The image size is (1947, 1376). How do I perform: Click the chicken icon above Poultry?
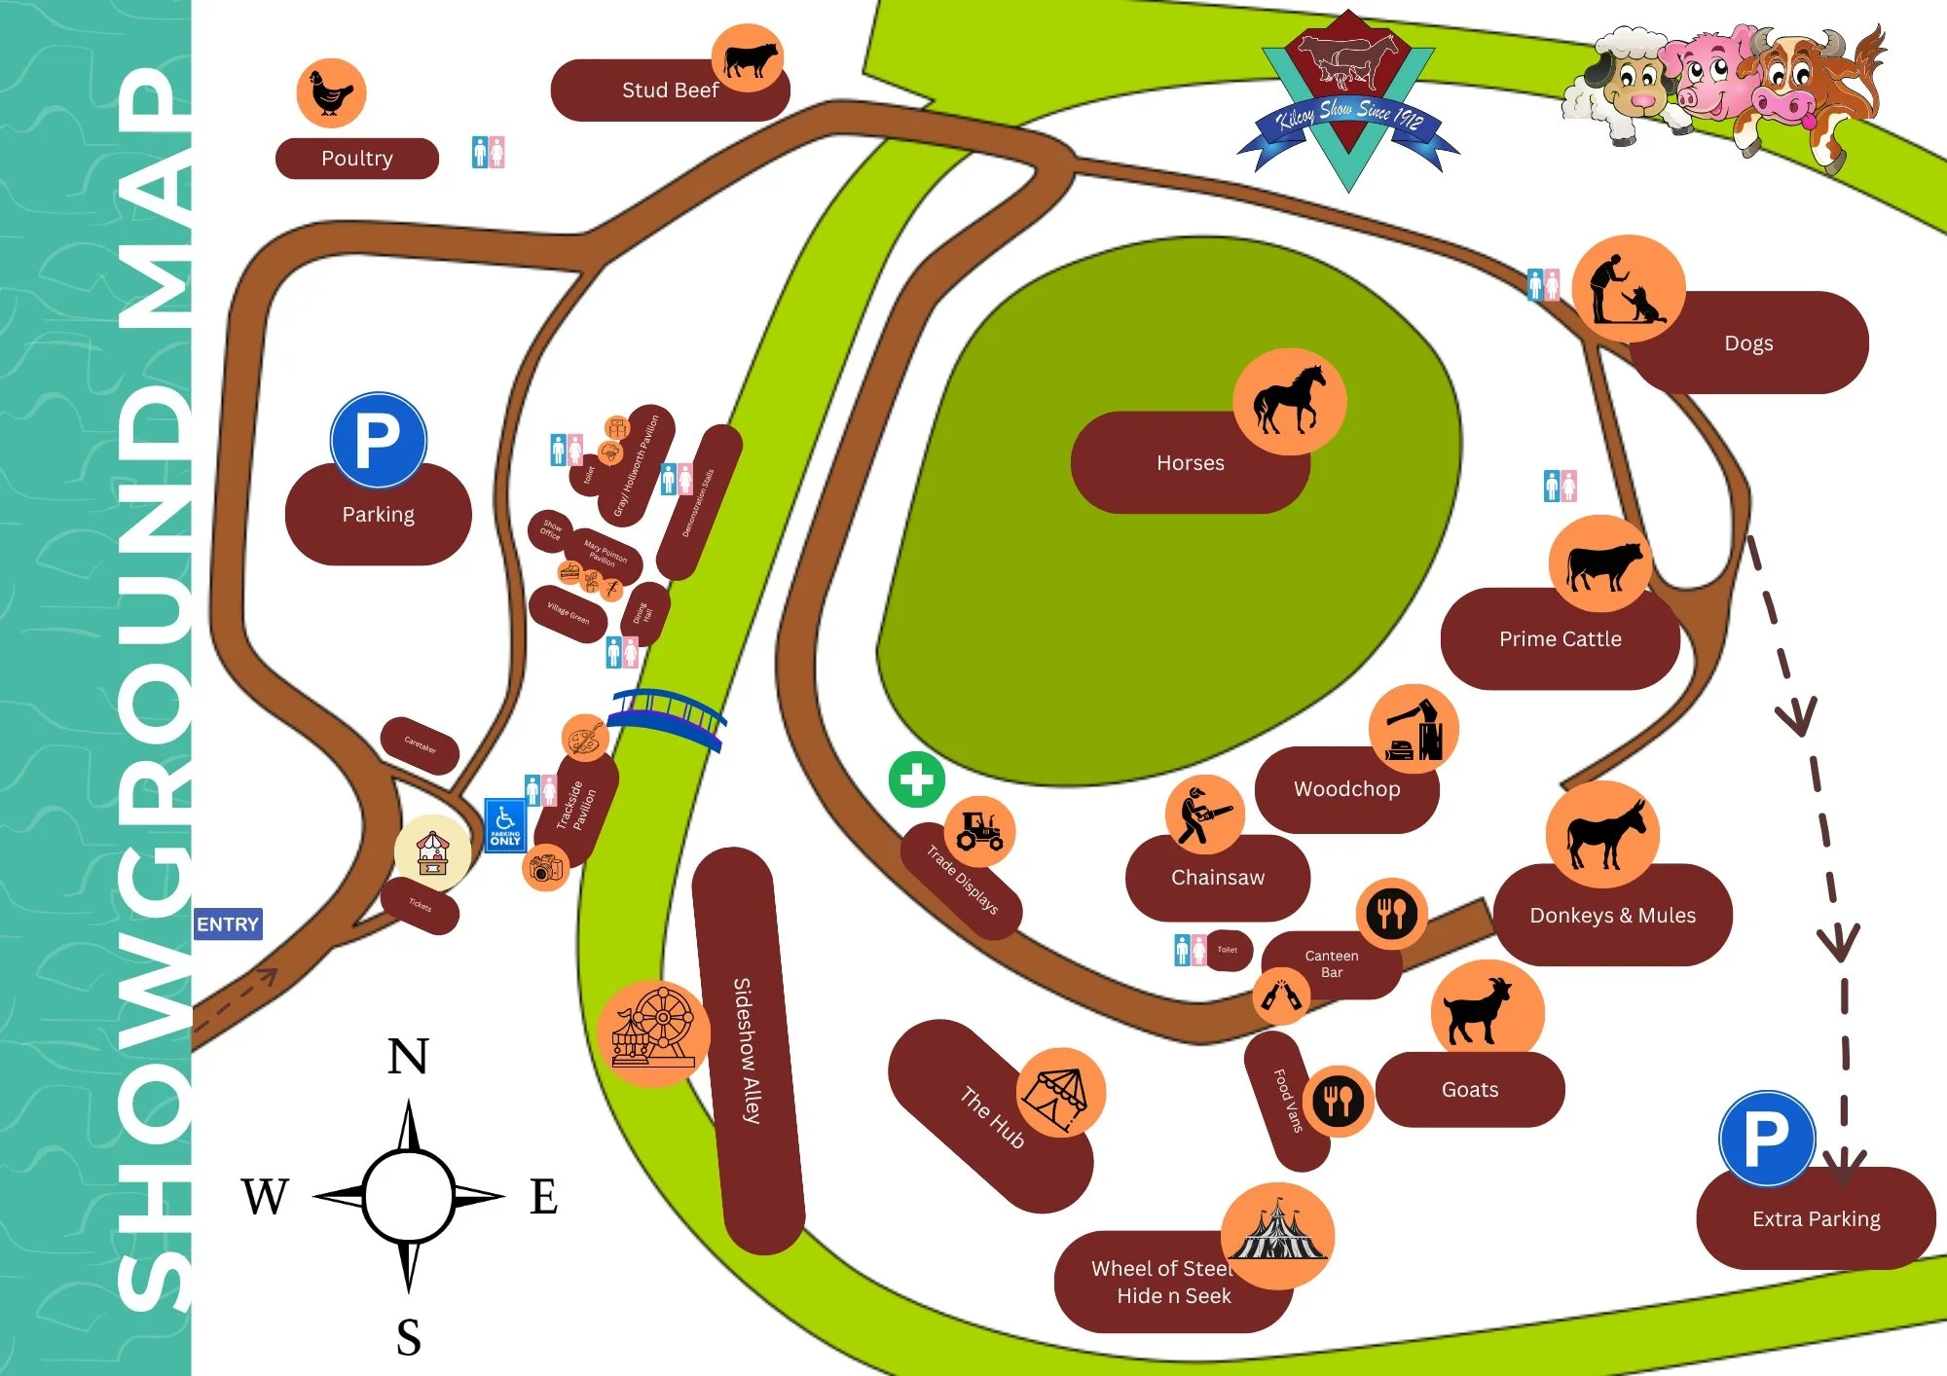click(331, 93)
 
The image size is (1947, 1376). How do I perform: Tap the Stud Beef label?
click(669, 91)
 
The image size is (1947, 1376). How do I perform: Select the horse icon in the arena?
click(1289, 401)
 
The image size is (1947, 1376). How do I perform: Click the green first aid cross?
click(916, 779)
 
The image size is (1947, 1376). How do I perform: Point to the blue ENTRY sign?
click(228, 924)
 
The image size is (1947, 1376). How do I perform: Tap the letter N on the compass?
click(408, 1057)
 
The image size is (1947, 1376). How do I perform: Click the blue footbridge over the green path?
click(667, 716)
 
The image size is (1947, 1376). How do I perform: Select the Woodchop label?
click(1346, 789)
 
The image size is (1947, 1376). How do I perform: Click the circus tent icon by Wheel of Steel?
click(1276, 1236)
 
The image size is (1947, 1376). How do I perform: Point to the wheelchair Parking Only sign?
click(505, 824)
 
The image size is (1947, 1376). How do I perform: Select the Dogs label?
click(1748, 344)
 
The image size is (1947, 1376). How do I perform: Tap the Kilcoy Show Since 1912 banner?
click(1349, 122)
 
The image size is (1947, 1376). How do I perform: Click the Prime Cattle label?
click(1560, 639)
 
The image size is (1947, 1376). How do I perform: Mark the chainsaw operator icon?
click(1204, 815)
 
